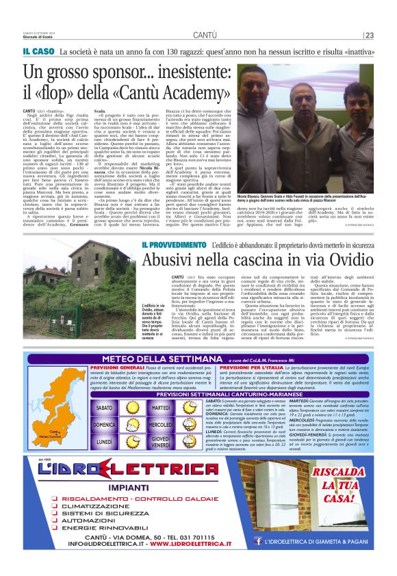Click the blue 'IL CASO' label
[x=38, y=51]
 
